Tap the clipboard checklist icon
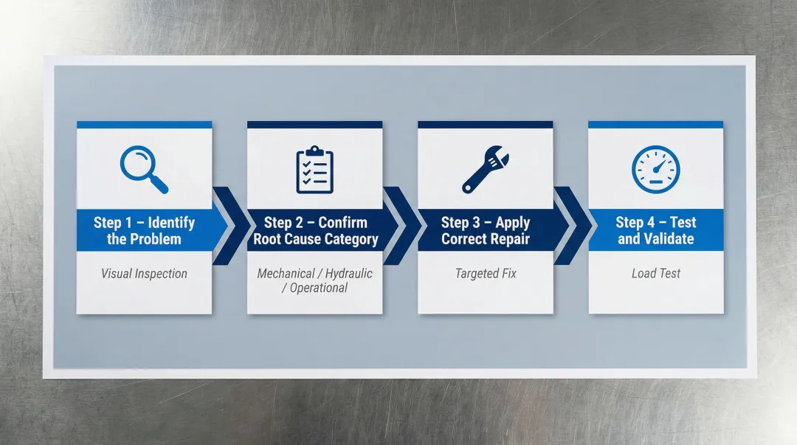(x=315, y=170)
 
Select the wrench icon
(x=484, y=169)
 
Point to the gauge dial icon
(x=655, y=169)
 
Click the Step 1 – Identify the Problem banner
(x=144, y=230)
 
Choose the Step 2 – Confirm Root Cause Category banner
(x=315, y=230)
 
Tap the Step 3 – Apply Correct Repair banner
(x=486, y=230)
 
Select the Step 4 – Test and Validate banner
(x=656, y=230)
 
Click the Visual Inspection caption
(x=144, y=274)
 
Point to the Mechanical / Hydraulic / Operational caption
(x=315, y=280)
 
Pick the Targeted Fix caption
(x=486, y=274)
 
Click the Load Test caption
(x=656, y=274)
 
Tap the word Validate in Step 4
(x=668, y=239)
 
